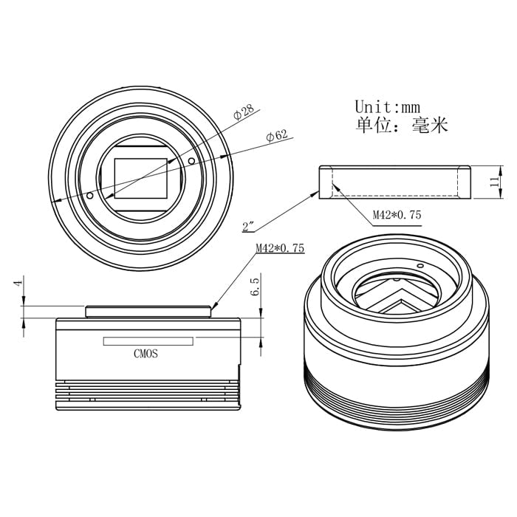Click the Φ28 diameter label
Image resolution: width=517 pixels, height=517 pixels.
244,112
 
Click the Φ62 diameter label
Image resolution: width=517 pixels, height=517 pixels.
277,135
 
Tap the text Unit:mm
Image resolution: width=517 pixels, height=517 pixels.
388,107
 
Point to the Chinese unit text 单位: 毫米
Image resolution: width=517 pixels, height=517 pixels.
402,125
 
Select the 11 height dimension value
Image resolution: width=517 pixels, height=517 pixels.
494,182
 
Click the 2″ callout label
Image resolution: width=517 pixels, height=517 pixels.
248,226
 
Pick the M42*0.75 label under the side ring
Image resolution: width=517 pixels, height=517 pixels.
397,215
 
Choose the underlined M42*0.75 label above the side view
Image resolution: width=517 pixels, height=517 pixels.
280,248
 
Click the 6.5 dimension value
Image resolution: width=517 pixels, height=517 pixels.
256,287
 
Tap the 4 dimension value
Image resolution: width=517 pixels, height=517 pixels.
18,283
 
